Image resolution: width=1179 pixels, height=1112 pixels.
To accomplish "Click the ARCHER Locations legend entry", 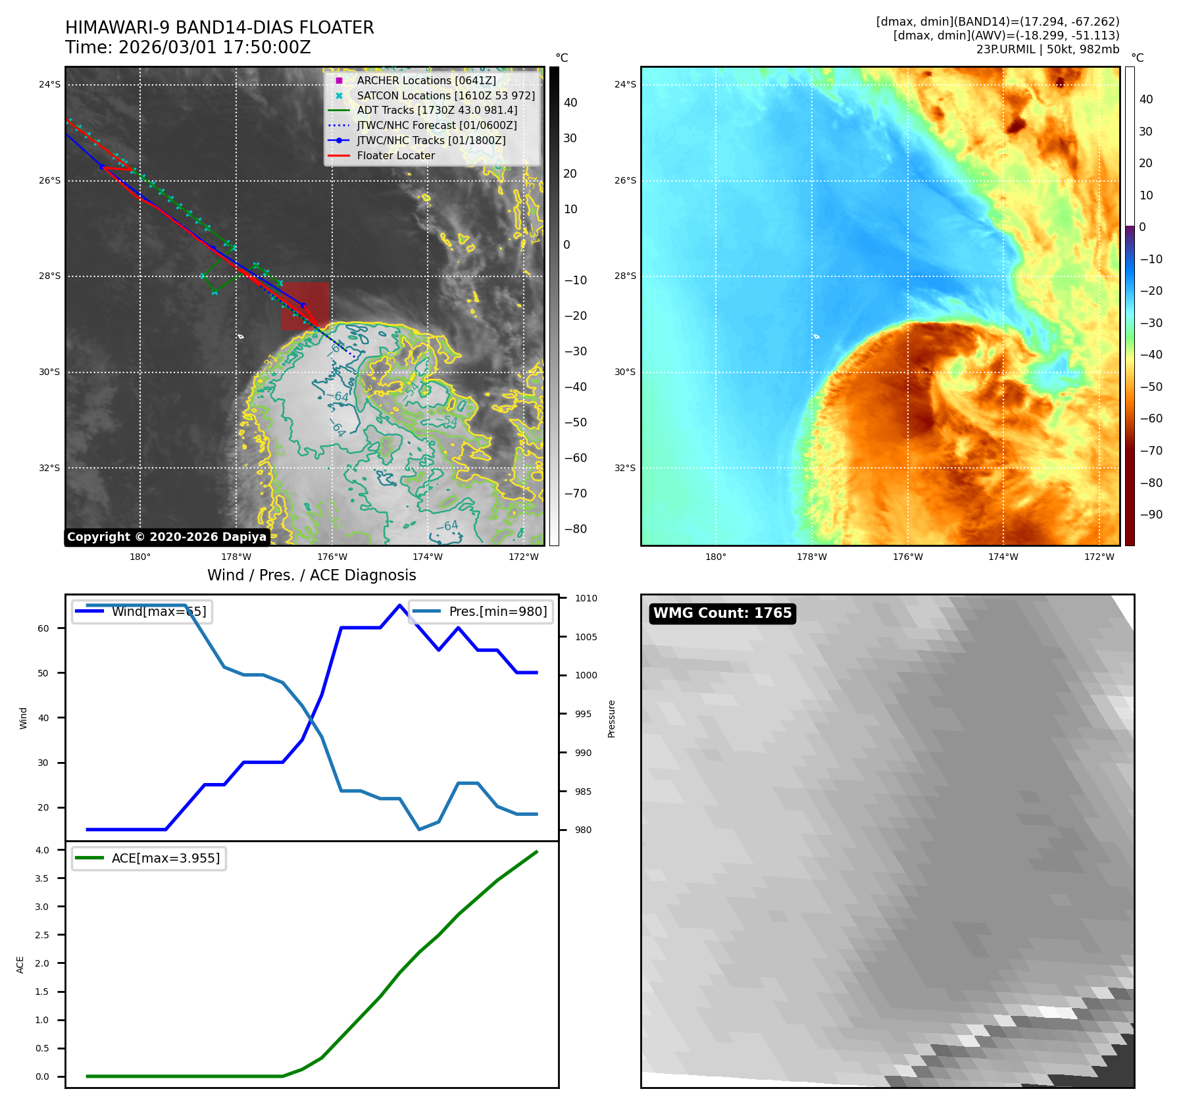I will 426,80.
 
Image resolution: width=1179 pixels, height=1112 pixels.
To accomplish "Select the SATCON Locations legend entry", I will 445,95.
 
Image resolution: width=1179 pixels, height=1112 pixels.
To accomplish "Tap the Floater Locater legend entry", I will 395,155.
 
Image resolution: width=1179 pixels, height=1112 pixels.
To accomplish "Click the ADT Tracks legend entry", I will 437,110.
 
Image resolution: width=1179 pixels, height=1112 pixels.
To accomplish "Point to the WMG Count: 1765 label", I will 722,613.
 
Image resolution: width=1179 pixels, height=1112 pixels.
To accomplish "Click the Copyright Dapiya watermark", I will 166,537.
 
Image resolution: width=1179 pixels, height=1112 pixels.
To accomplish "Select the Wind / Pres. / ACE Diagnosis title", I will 311,575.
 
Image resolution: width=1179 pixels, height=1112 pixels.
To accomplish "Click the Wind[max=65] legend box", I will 141,611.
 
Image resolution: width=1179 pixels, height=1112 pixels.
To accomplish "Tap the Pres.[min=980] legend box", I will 481,611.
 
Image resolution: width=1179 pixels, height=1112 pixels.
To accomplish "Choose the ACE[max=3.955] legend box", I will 149,858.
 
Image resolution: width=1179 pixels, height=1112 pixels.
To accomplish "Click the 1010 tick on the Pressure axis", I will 586,598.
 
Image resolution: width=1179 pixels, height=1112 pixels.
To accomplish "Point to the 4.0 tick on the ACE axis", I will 42,850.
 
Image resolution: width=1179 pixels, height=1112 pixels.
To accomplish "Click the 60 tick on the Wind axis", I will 43,628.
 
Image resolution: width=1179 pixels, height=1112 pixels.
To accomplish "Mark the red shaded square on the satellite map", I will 305,306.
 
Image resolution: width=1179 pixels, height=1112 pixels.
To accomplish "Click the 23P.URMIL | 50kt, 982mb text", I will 1047,49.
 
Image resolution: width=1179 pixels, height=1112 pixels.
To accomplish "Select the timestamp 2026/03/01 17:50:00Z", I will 214,47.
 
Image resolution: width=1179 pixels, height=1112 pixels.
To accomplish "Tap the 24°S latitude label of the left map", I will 49,84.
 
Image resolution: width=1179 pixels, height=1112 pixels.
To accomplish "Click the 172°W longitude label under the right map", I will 1099,557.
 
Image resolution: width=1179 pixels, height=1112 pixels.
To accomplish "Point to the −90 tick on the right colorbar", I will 1151,515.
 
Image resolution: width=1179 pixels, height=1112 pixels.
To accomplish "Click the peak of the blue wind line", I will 399,605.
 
